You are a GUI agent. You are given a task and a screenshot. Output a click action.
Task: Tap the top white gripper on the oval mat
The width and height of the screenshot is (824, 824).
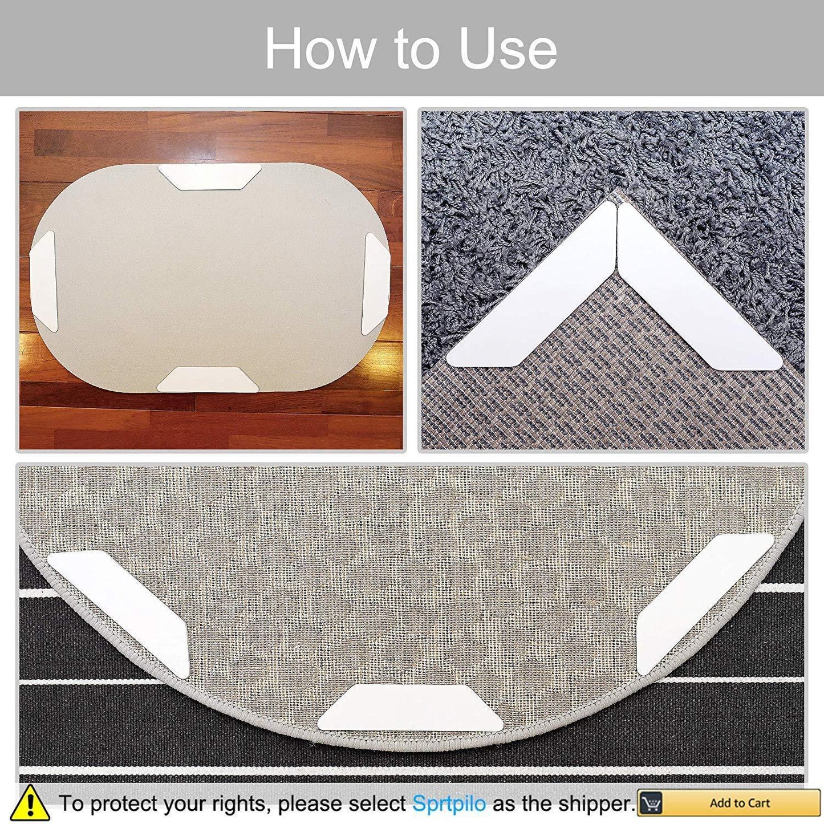(210, 177)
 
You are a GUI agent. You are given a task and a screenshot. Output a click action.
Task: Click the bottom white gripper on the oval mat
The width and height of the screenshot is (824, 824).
(208, 379)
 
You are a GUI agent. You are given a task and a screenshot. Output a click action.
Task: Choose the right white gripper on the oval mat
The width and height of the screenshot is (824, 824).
(375, 284)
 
